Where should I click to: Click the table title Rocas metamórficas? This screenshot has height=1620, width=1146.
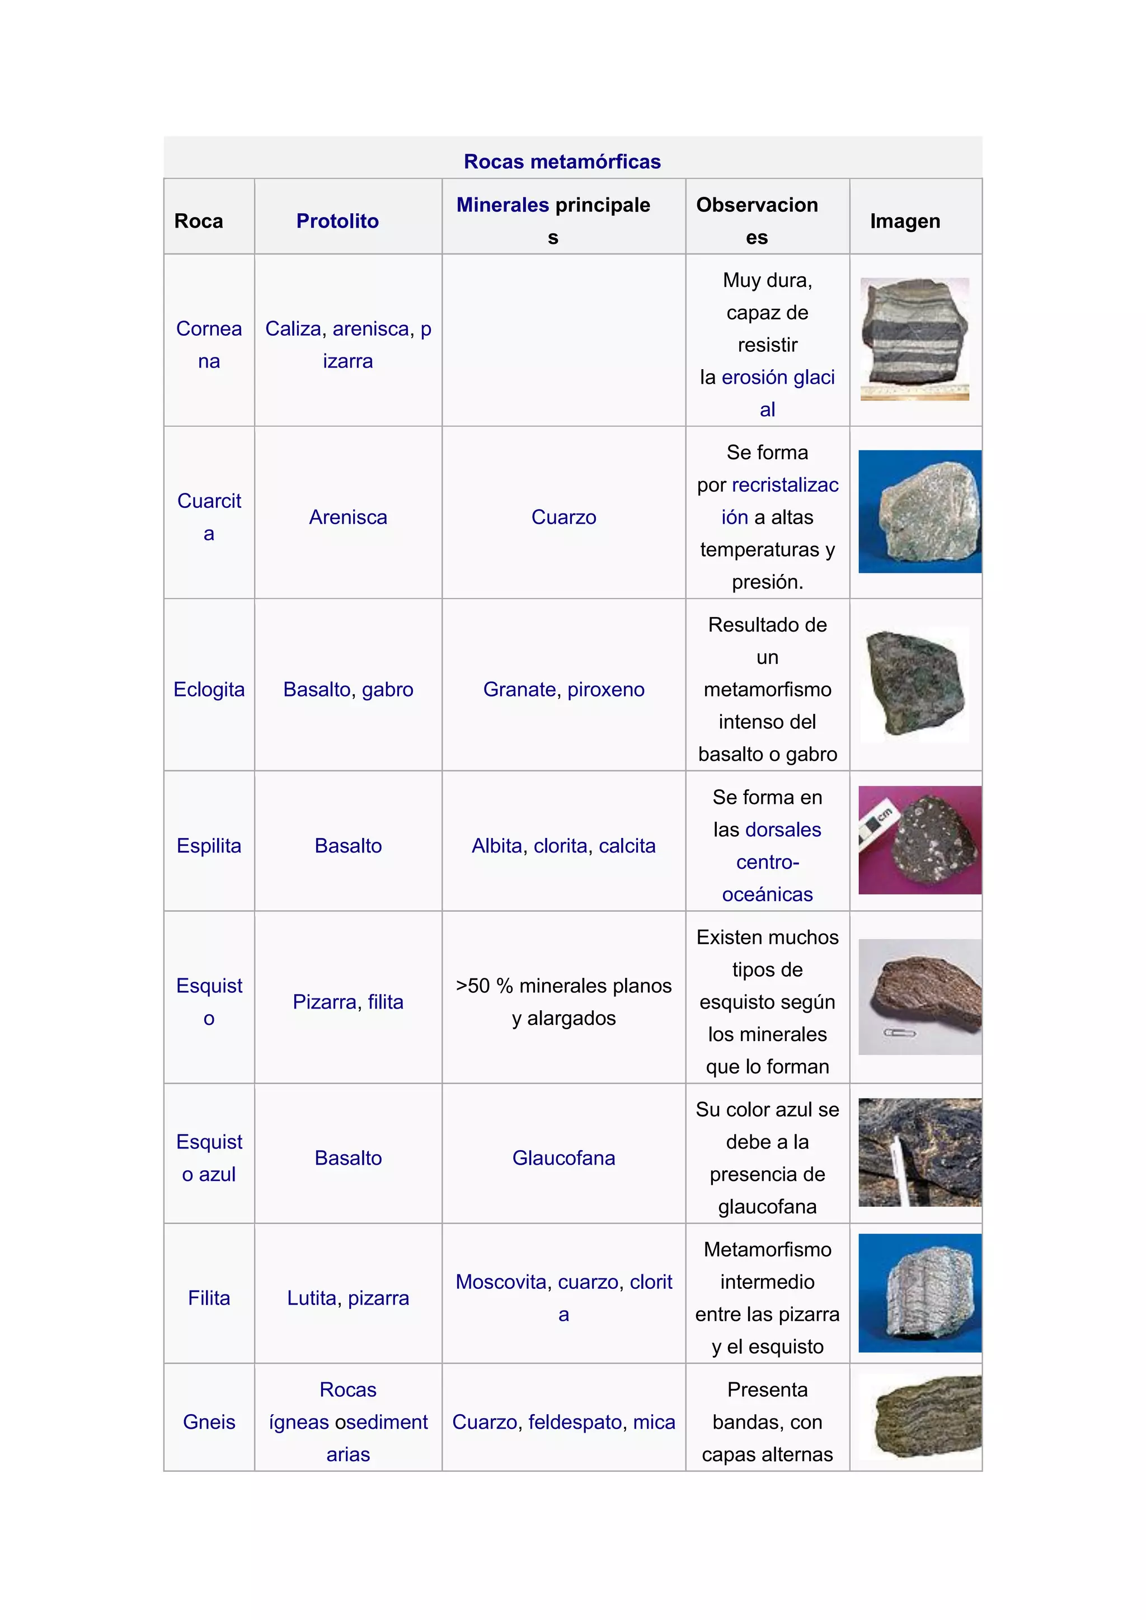tap(562, 162)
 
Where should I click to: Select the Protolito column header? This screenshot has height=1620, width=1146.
tap(337, 221)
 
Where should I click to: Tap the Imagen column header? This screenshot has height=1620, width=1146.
tap(905, 221)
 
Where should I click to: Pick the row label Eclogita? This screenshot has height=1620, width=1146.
tap(209, 689)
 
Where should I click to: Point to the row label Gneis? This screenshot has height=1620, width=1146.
tap(209, 1422)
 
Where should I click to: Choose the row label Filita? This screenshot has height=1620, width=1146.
tap(209, 1298)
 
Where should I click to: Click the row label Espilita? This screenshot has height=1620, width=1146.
tap(209, 845)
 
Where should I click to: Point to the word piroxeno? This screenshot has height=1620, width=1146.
tap(605, 689)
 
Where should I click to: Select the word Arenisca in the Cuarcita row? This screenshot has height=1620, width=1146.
tap(348, 517)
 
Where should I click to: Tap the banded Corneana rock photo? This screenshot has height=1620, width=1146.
tap(914, 338)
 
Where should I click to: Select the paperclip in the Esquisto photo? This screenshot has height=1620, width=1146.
tap(900, 1033)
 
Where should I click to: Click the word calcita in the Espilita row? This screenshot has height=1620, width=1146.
tap(627, 845)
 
